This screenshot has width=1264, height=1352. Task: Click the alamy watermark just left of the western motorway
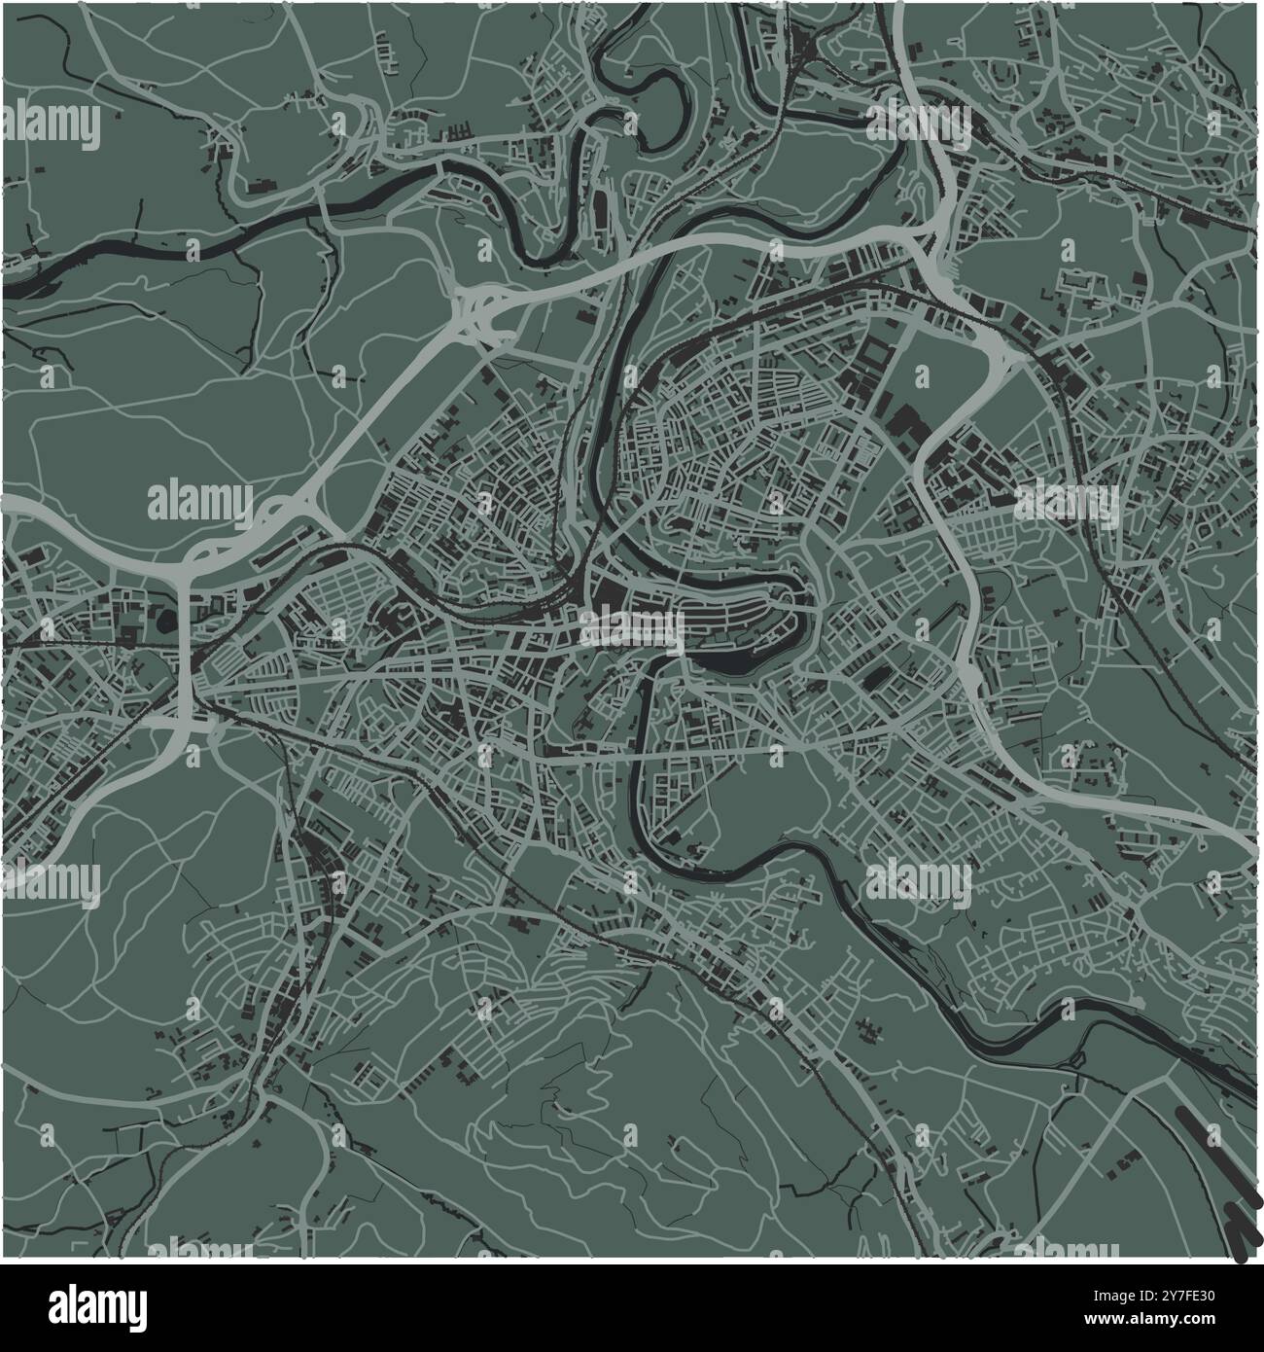click(199, 503)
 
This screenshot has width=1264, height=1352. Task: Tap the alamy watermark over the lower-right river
click(918, 880)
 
